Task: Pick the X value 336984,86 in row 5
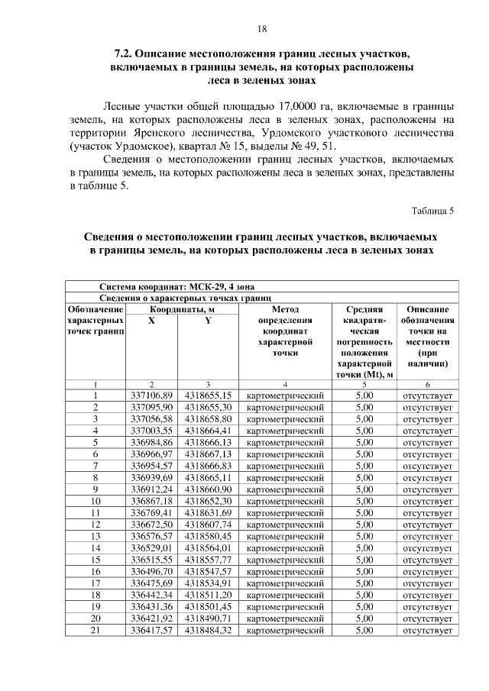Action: [x=152, y=442]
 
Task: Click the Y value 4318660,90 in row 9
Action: [x=208, y=489]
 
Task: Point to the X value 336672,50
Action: [x=152, y=525]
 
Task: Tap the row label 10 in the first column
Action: [x=96, y=501]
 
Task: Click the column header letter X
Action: [x=151, y=321]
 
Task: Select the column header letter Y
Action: [x=207, y=321]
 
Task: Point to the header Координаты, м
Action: [x=180, y=309]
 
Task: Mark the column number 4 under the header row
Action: [x=284, y=384]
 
